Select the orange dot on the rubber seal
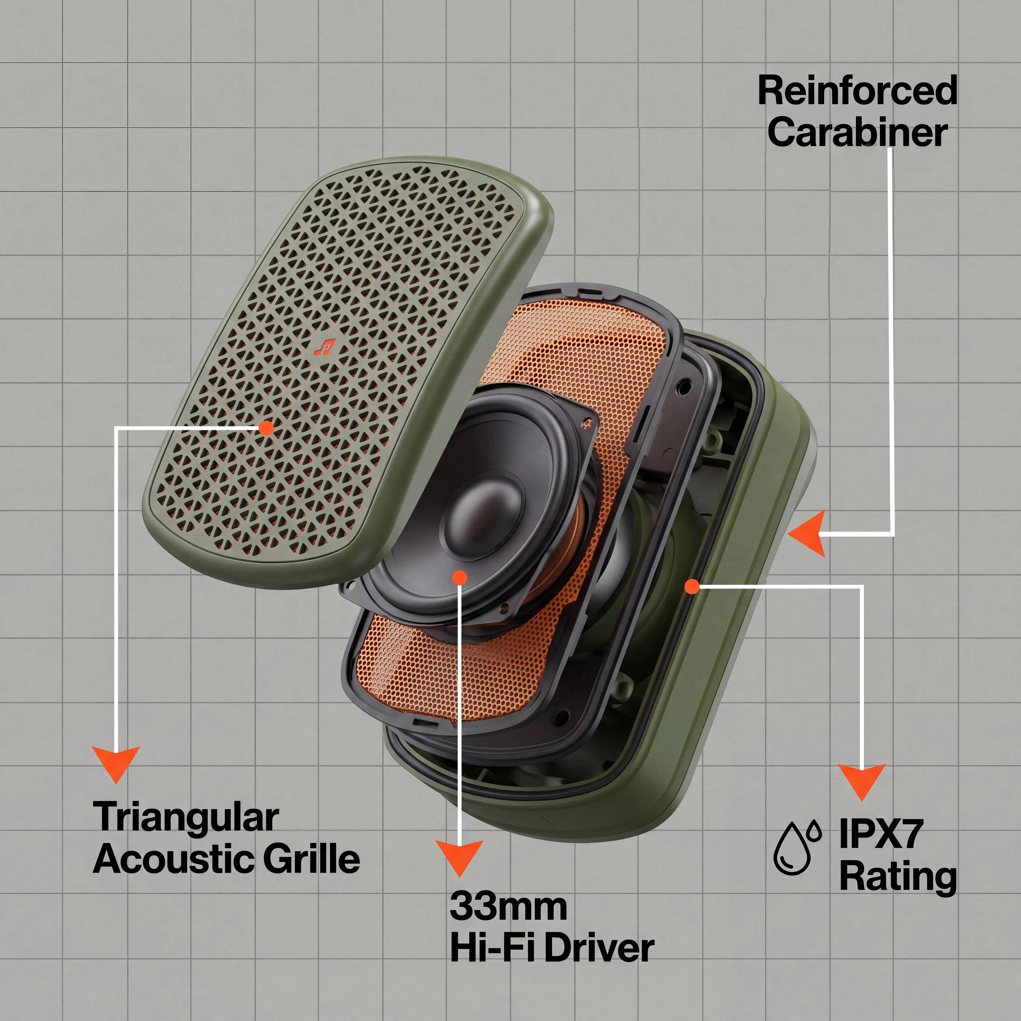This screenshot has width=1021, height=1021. (x=692, y=586)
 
